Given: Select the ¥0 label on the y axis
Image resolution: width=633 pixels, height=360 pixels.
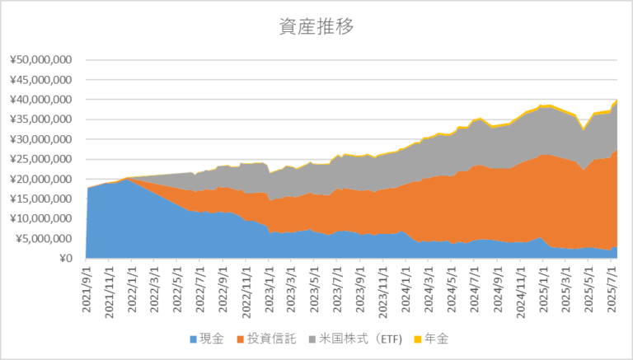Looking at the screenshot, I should click(66, 259).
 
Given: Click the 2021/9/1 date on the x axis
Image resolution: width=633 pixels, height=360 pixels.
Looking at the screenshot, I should click(87, 283).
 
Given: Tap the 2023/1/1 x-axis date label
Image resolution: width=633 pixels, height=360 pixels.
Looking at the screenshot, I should click(269, 283).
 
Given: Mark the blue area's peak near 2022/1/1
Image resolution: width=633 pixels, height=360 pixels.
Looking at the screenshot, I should click(126, 179).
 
